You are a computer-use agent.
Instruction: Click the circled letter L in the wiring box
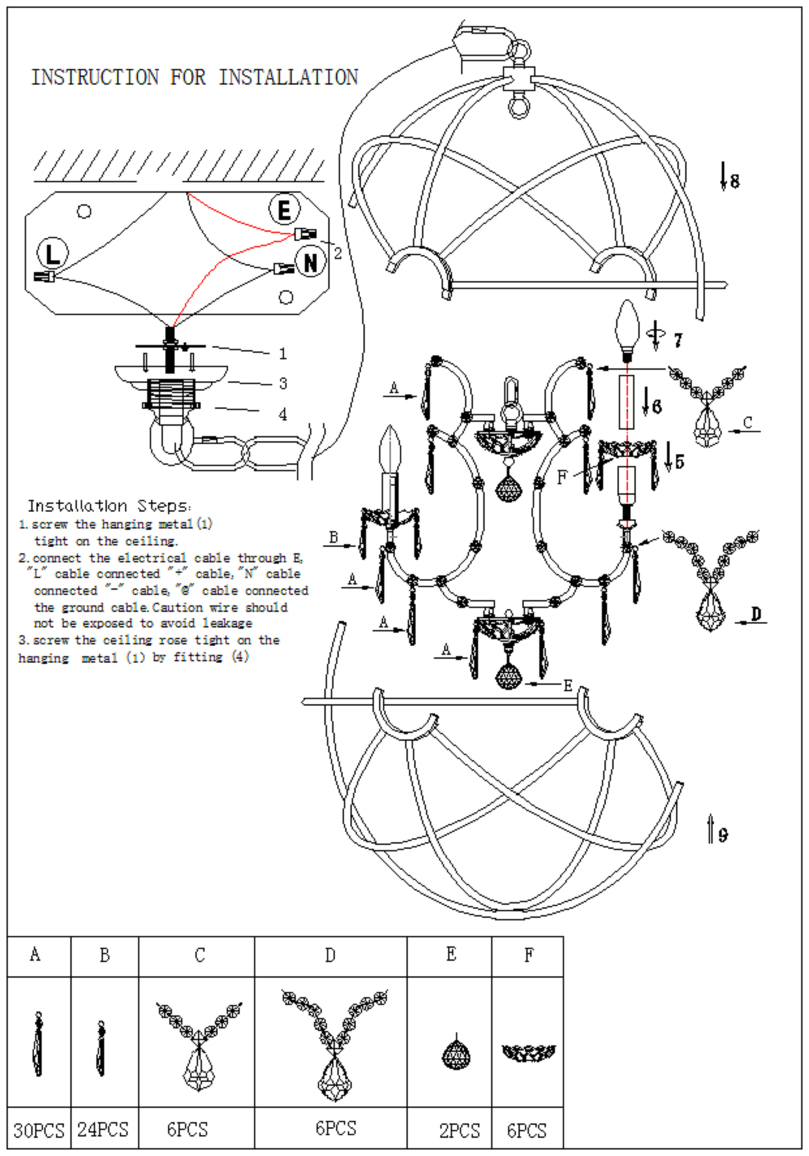[x=53, y=253]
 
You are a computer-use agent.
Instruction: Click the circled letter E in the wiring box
[x=285, y=210]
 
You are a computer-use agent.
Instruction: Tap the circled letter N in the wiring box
[x=311, y=262]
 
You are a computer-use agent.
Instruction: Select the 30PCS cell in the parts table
[x=38, y=1129]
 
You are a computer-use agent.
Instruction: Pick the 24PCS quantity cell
[x=103, y=1129]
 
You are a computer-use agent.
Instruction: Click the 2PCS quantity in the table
[x=459, y=1130]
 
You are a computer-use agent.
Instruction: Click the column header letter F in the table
[x=529, y=955]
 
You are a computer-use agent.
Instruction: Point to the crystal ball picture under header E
[x=457, y=1053]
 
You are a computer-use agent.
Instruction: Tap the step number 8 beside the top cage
[x=735, y=181]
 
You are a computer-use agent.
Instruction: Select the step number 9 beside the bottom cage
[x=723, y=834]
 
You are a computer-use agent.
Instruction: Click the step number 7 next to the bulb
[x=678, y=340]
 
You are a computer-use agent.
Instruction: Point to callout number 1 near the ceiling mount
[x=283, y=353]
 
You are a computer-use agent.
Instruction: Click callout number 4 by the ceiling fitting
[x=283, y=414]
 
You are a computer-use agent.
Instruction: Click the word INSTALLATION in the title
[x=288, y=77]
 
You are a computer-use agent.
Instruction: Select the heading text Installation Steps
[x=109, y=506]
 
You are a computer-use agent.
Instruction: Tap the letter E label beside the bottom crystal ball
[x=568, y=685]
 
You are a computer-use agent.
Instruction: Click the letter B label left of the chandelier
[x=334, y=537]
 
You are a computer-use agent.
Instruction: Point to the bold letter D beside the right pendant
[x=756, y=614]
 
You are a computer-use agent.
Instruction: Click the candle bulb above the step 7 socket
[x=628, y=323]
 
